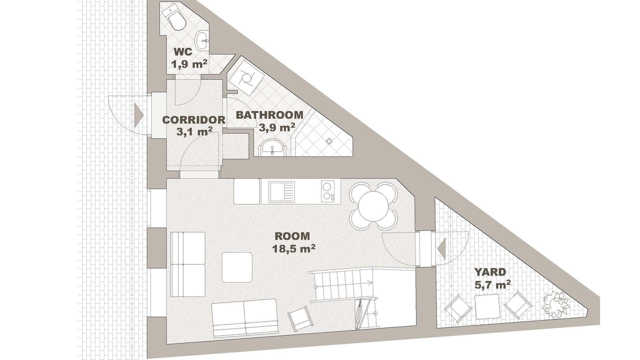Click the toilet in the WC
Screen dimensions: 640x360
point(174,19)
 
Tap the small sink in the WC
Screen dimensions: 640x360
point(202,41)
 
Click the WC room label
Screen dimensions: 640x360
point(183,52)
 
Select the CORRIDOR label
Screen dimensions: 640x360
point(193,119)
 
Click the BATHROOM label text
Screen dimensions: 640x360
point(269,115)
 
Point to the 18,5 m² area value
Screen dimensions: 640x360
point(293,248)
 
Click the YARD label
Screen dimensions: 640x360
point(490,272)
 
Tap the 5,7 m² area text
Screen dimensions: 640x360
point(492,284)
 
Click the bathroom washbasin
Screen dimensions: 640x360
point(272,147)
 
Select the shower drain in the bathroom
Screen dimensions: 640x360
point(329,140)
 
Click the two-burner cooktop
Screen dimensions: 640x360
point(327,191)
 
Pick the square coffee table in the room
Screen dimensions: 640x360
point(237,267)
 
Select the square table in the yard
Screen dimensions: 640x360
point(487,307)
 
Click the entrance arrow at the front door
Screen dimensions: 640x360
point(138,115)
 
